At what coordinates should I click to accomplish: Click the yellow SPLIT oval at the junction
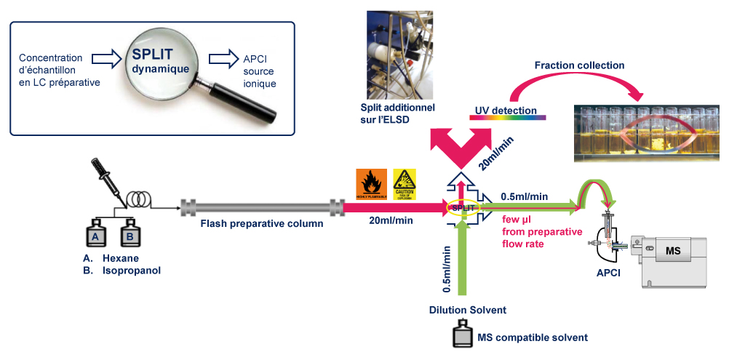pyautogui.click(x=463, y=207)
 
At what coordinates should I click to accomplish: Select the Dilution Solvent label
pyautogui.click(x=467, y=310)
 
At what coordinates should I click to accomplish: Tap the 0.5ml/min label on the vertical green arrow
pyautogui.click(x=447, y=270)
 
